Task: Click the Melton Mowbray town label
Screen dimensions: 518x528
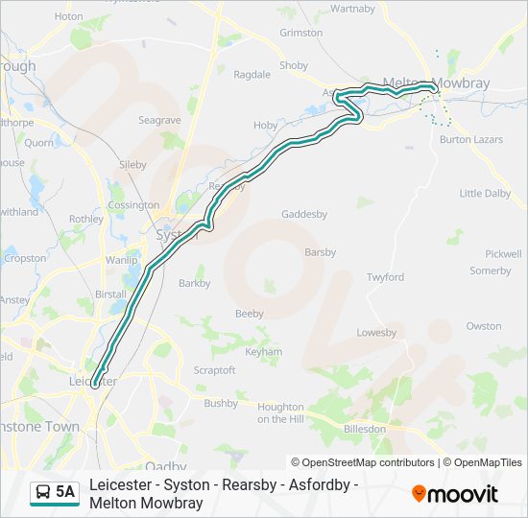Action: (x=436, y=83)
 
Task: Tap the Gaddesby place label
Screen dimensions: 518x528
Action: (x=303, y=214)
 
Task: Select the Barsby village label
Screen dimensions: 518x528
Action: (x=320, y=252)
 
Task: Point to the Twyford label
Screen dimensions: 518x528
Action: (x=385, y=277)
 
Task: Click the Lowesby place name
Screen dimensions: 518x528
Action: (x=376, y=333)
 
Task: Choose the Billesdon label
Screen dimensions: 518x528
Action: (x=364, y=429)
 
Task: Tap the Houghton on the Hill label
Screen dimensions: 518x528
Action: (x=280, y=412)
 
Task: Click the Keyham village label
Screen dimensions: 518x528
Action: (x=264, y=352)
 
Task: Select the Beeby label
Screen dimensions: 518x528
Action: (x=249, y=314)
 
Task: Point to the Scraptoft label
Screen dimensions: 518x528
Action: (x=214, y=369)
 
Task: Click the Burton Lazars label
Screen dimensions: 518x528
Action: (x=470, y=139)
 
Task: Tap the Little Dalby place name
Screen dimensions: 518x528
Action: (x=485, y=193)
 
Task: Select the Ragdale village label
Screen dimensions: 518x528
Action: (x=252, y=74)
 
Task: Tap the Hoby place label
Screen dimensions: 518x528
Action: (x=265, y=126)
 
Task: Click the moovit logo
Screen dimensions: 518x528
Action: (x=455, y=494)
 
